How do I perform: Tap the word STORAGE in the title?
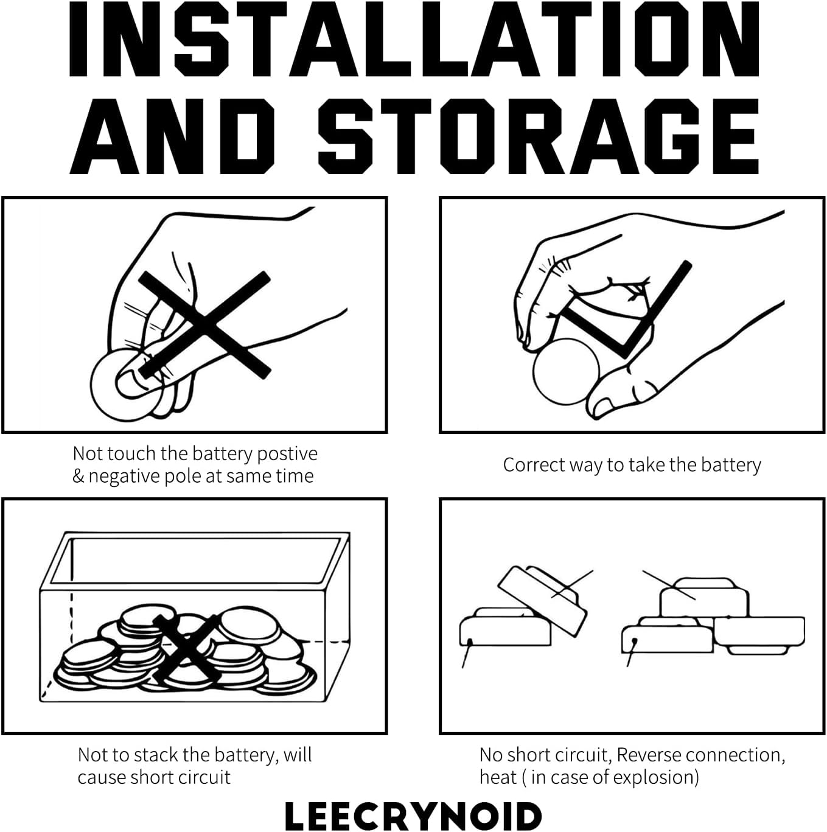tap(539, 136)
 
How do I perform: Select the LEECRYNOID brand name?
tap(413, 816)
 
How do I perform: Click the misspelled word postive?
tap(287, 454)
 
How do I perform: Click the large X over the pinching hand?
tap(205, 324)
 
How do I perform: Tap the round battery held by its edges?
tap(566, 371)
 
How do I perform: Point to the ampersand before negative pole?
tap(79, 477)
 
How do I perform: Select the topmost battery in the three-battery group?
tap(703, 595)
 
